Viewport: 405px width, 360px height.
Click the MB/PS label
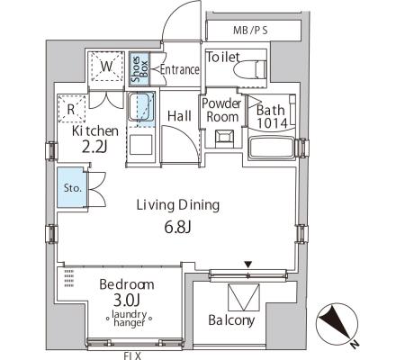coord(250,31)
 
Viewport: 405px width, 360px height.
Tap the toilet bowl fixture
coord(250,70)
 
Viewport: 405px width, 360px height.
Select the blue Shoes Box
coord(139,68)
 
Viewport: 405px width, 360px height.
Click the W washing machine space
coord(107,67)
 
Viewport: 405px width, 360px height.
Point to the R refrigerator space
coord(71,109)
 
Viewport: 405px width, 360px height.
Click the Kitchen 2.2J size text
coord(94,147)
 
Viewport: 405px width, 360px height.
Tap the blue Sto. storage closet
coord(72,187)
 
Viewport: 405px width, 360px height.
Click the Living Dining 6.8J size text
coord(177,228)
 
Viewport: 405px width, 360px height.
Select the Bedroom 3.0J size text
coord(127,300)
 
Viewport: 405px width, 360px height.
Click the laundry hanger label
coord(129,319)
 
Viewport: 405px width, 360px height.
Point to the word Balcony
coord(231,320)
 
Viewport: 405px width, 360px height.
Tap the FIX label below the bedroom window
coord(132,355)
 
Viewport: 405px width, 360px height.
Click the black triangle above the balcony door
coord(247,265)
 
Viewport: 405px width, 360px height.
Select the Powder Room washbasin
coord(224,139)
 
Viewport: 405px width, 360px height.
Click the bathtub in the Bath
coord(271,148)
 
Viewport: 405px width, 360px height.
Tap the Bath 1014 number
coord(273,123)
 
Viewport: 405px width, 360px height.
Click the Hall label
coord(179,116)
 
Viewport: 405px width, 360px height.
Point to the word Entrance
coord(180,70)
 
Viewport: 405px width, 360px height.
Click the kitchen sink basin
coord(139,106)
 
